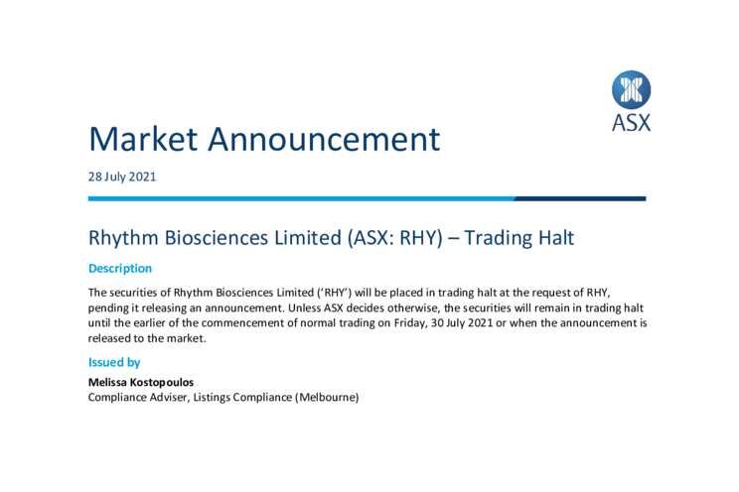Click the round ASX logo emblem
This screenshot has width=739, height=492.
(631, 89)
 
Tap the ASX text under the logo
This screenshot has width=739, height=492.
(631, 122)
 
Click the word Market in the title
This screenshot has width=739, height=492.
(143, 139)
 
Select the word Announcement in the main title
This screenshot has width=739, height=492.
(324, 139)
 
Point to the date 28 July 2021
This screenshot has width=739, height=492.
(121, 177)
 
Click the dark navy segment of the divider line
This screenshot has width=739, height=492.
(580, 198)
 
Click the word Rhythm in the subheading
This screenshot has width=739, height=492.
(123, 238)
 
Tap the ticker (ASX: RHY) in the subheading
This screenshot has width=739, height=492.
(395, 238)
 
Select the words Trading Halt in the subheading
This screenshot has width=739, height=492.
(518, 237)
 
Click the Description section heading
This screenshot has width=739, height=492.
(120, 269)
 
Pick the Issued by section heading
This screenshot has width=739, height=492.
(114, 362)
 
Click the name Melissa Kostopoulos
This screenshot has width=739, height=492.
(141, 382)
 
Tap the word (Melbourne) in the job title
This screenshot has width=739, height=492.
(327, 398)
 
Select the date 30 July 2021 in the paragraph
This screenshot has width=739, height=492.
(462, 323)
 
